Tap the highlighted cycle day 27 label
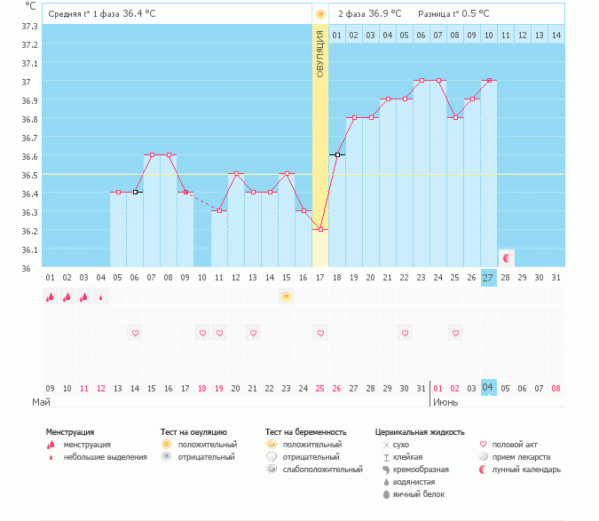488,278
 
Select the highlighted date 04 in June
488,388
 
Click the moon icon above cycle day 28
506,258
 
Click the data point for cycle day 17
320,229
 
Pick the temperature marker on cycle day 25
455,117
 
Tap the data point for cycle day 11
219,210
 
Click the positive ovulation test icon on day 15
287,296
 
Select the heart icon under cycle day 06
135,334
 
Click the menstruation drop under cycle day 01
50,297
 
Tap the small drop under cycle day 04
100,297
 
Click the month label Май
42,402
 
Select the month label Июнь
445,402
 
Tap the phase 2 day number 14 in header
556,35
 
